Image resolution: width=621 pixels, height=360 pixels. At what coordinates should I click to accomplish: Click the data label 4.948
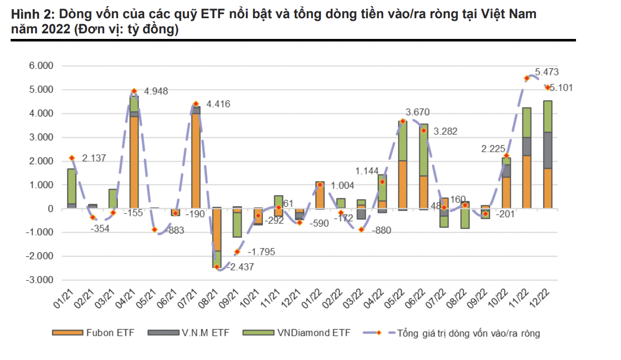156,92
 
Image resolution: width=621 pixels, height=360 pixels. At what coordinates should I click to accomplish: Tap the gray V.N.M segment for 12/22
548,150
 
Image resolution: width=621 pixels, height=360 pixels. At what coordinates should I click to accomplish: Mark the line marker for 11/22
527,78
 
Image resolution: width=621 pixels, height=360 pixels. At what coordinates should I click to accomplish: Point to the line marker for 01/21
72,158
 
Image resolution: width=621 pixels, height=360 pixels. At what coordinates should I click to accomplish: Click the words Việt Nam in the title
511,14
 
